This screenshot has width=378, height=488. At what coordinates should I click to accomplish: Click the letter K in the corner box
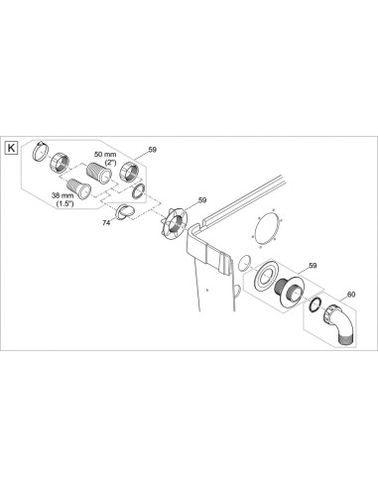pos(12,148)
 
